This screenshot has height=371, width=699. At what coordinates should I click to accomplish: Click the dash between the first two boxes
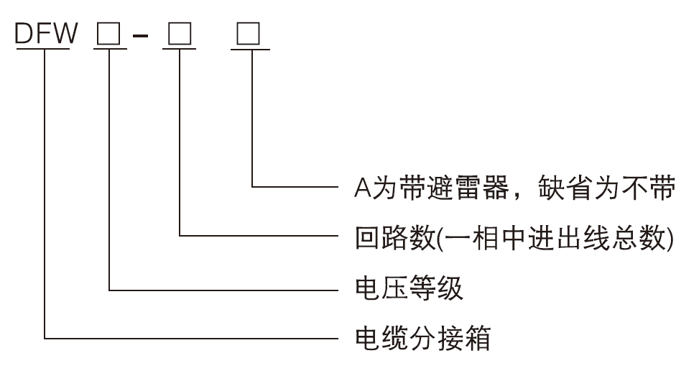point(142,36)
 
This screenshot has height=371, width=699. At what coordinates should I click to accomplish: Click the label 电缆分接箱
point(423,336)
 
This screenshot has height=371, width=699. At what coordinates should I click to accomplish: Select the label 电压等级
point(409,289)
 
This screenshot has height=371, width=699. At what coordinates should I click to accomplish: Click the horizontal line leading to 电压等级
point(223,290)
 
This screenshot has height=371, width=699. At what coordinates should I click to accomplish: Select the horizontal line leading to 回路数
point(259,236)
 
